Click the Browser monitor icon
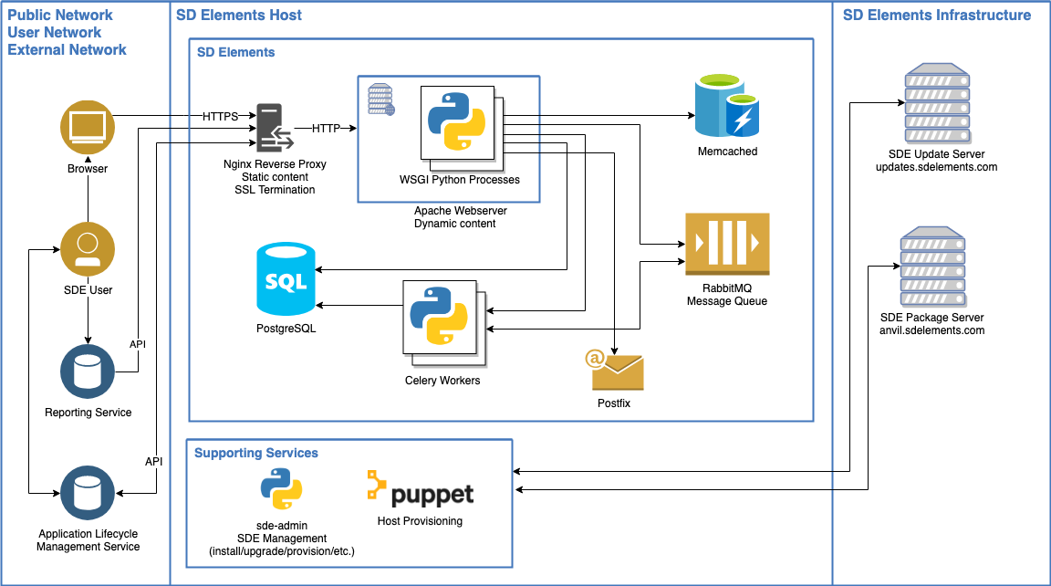click(88, 128)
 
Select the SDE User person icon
click(88, 249)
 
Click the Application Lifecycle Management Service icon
click(88, 493)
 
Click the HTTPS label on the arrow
click(220, 117)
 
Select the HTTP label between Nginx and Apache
click(327, 129)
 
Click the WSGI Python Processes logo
click(456, 121)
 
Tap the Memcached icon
click(726, 108)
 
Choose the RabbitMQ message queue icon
click(727, 244)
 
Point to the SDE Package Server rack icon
click(931, 266)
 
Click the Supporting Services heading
click(256, 453)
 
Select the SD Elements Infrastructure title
click(936, 16)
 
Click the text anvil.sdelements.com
click(931, 330)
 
